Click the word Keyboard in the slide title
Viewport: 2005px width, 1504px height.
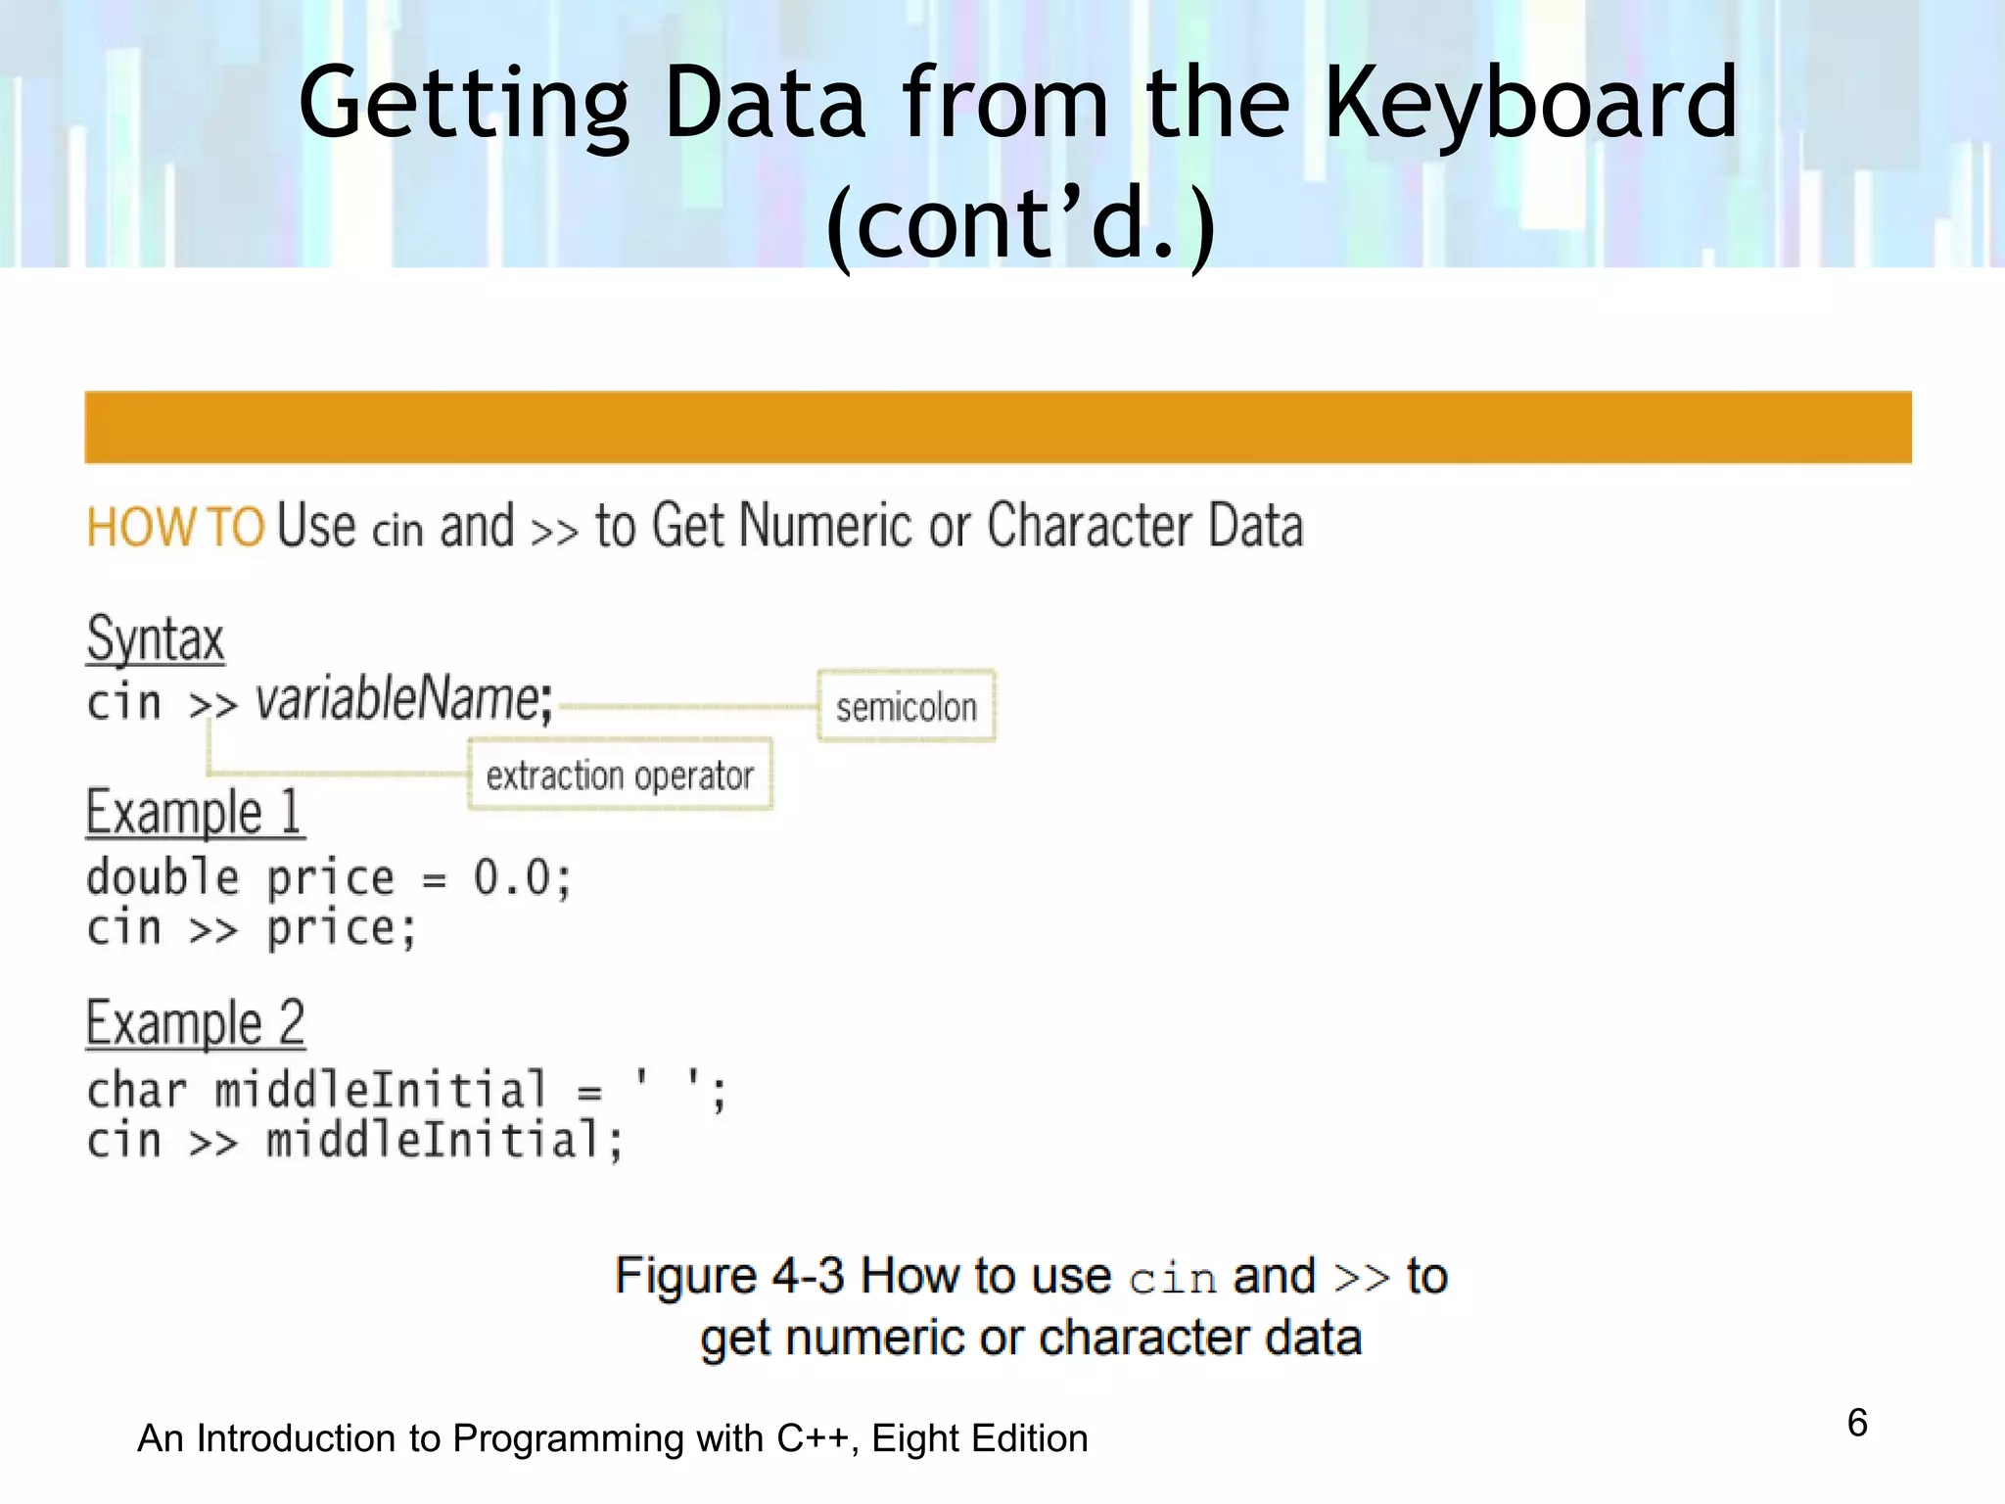[x=1529, y=103]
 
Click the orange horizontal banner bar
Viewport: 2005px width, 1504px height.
[x=998, y=427]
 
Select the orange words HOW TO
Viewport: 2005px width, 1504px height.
[x=175, y=527]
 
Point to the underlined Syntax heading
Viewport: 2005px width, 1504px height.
[x=156, y=639]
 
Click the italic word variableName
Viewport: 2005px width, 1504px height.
[x=396, y=700]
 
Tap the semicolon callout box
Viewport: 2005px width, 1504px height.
[x=906, y=706]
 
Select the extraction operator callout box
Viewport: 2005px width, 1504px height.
[x=620, y=775]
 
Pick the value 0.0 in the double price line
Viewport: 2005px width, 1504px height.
[x=512, y=876]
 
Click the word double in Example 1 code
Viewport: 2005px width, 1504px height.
[x=163, y=876]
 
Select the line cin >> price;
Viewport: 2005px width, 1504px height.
[x=252, y=927]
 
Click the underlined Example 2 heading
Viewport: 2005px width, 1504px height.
[x=195, y=1023]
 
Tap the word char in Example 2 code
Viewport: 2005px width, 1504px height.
[x=136, y=1090]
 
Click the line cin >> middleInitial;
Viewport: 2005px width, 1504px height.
[x=354, y=1141]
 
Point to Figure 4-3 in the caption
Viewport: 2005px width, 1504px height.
[x=728, y=1276]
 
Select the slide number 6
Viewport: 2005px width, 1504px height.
[x=1856, y=1423]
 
